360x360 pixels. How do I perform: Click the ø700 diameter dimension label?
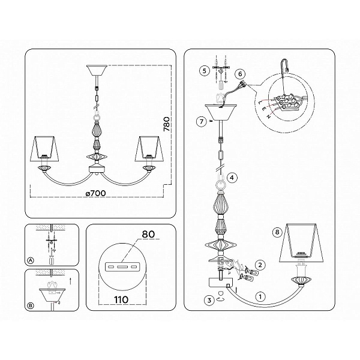[96, 193]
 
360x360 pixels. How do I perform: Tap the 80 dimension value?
[148, 234]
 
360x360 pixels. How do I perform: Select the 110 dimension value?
[121, 299]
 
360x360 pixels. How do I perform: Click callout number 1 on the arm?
[260, 296]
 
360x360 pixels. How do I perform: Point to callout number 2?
[260, 265]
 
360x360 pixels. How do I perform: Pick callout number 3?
[209, 300]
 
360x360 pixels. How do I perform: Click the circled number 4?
[232, 178]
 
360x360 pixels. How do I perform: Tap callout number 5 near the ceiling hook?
[205, 70]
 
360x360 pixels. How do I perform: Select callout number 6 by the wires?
[240, 74]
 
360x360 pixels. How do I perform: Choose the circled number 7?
[202, 121]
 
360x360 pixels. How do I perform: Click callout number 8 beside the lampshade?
[277, 232]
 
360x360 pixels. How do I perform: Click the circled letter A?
[31, 260]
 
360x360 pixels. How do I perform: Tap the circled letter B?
[31, 305]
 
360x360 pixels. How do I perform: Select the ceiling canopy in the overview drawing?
[97, 71]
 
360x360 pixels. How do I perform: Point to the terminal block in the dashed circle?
[287, 102]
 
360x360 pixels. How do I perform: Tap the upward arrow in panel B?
[70, 281]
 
